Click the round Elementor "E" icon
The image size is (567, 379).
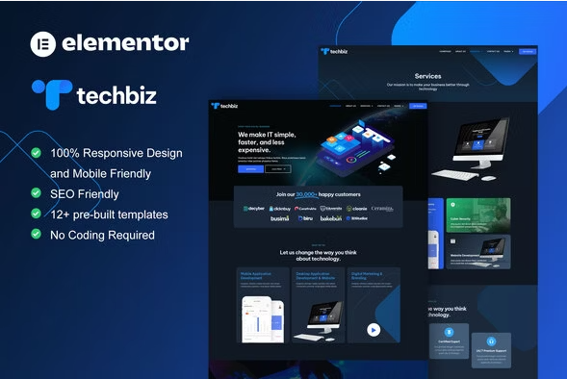tap(43, 42)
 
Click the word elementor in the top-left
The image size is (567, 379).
tap(125, 42)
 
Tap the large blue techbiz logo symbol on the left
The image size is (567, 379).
tap(51, 95)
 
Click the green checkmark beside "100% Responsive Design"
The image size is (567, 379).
tap(37, 153)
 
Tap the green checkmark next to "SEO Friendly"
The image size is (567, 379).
tap(37, 193)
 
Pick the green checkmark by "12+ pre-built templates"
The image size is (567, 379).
tap(37, 214)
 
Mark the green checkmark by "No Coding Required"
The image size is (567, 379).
tap(37, 235)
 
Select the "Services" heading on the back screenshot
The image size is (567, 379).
tap(427, 75)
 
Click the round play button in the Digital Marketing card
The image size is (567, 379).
tap(373, 330)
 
